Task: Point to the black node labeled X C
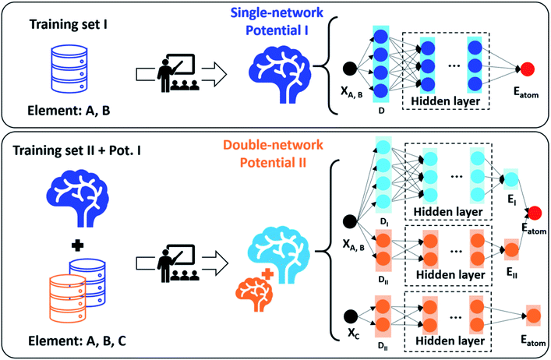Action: click(351, 318)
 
